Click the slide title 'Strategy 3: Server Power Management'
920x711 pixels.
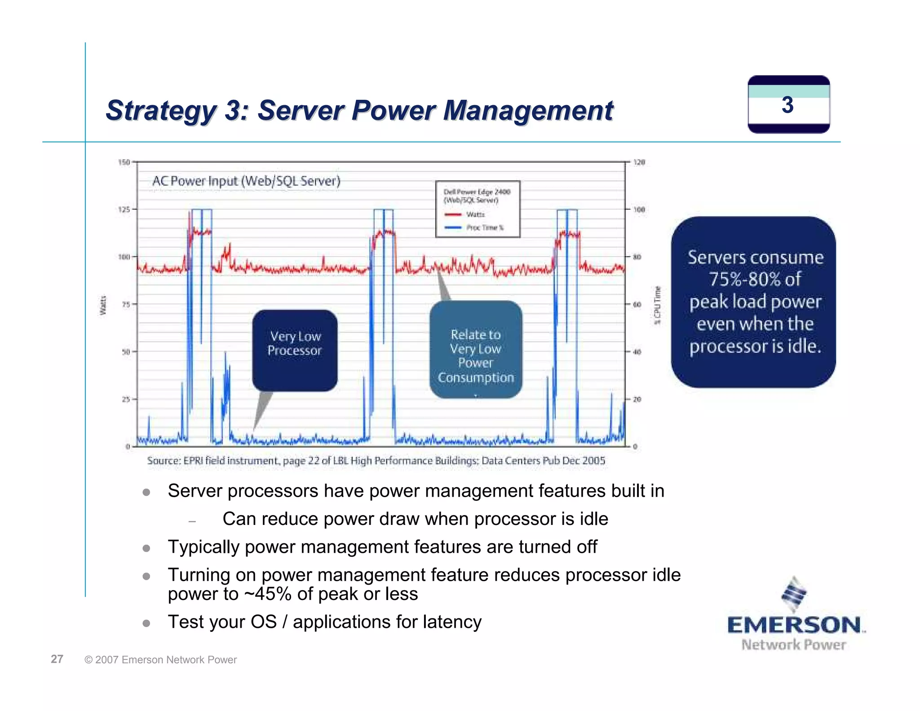359,111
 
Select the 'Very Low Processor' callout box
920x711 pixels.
295,350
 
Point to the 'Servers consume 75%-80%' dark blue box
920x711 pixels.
753,302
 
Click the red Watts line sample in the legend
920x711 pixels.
453,215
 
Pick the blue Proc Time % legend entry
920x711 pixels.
485,228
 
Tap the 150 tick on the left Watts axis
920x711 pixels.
124,162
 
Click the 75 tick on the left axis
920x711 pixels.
126,304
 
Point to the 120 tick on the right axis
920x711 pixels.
639,162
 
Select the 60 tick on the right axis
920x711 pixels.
637,304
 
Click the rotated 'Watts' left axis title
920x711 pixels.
103,305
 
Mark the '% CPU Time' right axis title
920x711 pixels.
657,305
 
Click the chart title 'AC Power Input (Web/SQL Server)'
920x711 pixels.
246,181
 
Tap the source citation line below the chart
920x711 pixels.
376,461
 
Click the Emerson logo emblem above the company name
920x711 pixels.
794,594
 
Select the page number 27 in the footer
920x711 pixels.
57,659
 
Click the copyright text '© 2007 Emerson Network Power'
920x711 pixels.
160,660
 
